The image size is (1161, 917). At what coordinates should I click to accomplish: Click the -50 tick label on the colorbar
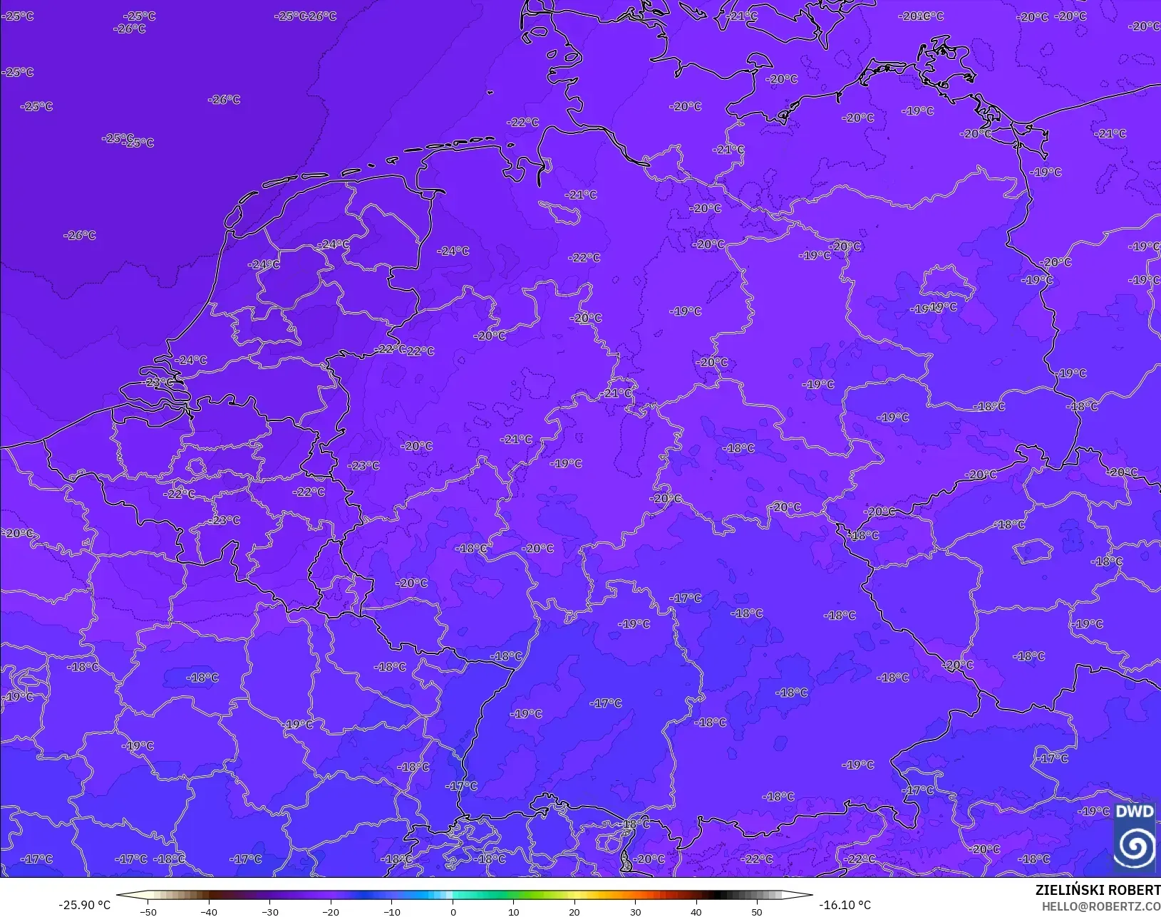pyautogui.click(x=148, y=912)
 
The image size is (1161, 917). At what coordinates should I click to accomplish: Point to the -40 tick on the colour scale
pyautogui.click(x=209, y=912)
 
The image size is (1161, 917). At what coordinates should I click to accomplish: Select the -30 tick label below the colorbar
pyautogui.click(x=269, y=912)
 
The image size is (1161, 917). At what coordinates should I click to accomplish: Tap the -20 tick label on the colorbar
pyautogui.click(x=331, y=912)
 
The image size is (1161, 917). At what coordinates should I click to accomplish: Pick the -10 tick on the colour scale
pyautogui.click(x=391, y=912)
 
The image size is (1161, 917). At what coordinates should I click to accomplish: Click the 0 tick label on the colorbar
pyautogui.click(x=453, y=912)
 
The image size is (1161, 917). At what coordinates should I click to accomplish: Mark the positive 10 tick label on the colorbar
pyautogui.click(x=513, y=912)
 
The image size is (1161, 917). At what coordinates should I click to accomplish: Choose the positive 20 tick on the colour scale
pyautogui.click(x=574, y=912)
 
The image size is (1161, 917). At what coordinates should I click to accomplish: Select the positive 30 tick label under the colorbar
pyautogui.click(x=635, y=912)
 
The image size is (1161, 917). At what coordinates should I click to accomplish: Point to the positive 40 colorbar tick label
pyautogui.click(x=696, y=912)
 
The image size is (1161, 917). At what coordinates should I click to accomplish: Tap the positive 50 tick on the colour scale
pyautogui.click(x=757, y=912)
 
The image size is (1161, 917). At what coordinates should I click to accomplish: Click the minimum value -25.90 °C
pyautogui.click(x=84, y=905)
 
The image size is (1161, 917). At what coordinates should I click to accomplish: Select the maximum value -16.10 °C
pyautogui.click(x=845, y=905)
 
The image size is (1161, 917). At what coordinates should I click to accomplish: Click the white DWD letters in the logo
pyautogui.click(x=1134, y=812)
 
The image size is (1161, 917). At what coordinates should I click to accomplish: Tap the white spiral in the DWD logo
pyautogui.click(x=1134, y=846)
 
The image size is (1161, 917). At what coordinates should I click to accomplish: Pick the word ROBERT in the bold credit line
pyautogui.click(x=1134, y=891)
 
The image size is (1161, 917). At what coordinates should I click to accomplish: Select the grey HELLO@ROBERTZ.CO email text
pyautogui.click(x=1101, y=906)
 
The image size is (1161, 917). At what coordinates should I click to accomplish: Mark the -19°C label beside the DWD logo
pyautogui.click(x=1093, y=812)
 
